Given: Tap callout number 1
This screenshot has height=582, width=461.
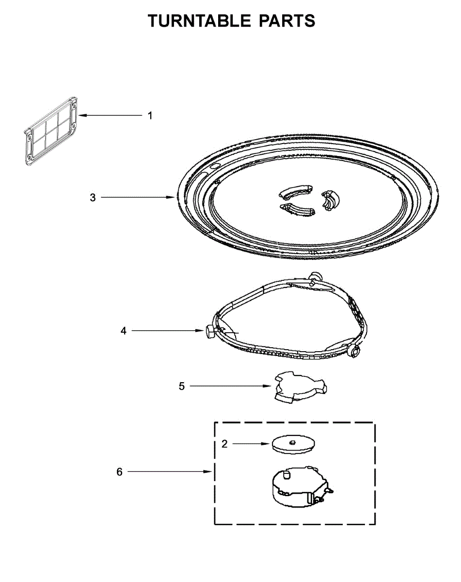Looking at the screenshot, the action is pos(150,115).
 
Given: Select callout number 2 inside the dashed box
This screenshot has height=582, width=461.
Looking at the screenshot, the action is pos(224,444).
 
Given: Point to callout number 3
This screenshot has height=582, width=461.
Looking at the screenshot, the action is pos(93,197).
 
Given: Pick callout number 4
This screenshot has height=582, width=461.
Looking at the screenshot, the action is pos(124,331).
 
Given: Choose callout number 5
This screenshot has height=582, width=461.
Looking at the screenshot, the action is pos(182,387).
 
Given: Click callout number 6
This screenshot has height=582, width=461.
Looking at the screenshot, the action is pos(120,471).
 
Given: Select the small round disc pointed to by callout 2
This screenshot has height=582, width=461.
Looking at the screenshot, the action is pos(292,444).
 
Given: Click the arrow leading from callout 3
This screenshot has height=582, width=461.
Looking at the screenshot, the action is pos(138,197).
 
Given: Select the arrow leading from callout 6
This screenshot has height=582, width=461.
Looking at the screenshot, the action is pos(170,471).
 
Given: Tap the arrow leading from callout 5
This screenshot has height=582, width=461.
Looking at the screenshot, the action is pos(230,387).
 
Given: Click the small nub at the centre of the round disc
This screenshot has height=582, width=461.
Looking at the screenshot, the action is pos(292,441).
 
